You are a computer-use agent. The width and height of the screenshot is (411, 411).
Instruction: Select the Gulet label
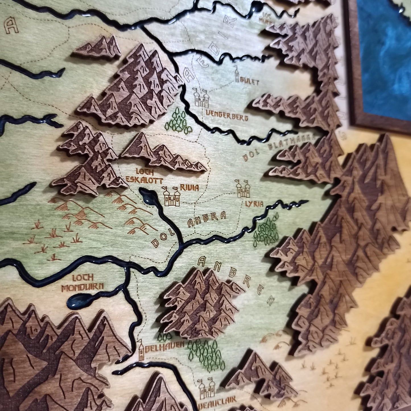click(x=251, y=82)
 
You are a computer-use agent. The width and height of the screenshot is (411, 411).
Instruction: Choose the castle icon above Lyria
click(x=243, y=189)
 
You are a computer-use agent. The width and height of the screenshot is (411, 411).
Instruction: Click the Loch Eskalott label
click(x=148, y=176)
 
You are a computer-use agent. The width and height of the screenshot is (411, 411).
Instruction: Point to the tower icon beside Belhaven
click(x=141, y=350)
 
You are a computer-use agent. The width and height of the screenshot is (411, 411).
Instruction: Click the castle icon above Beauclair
click(x=207, y=389)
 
